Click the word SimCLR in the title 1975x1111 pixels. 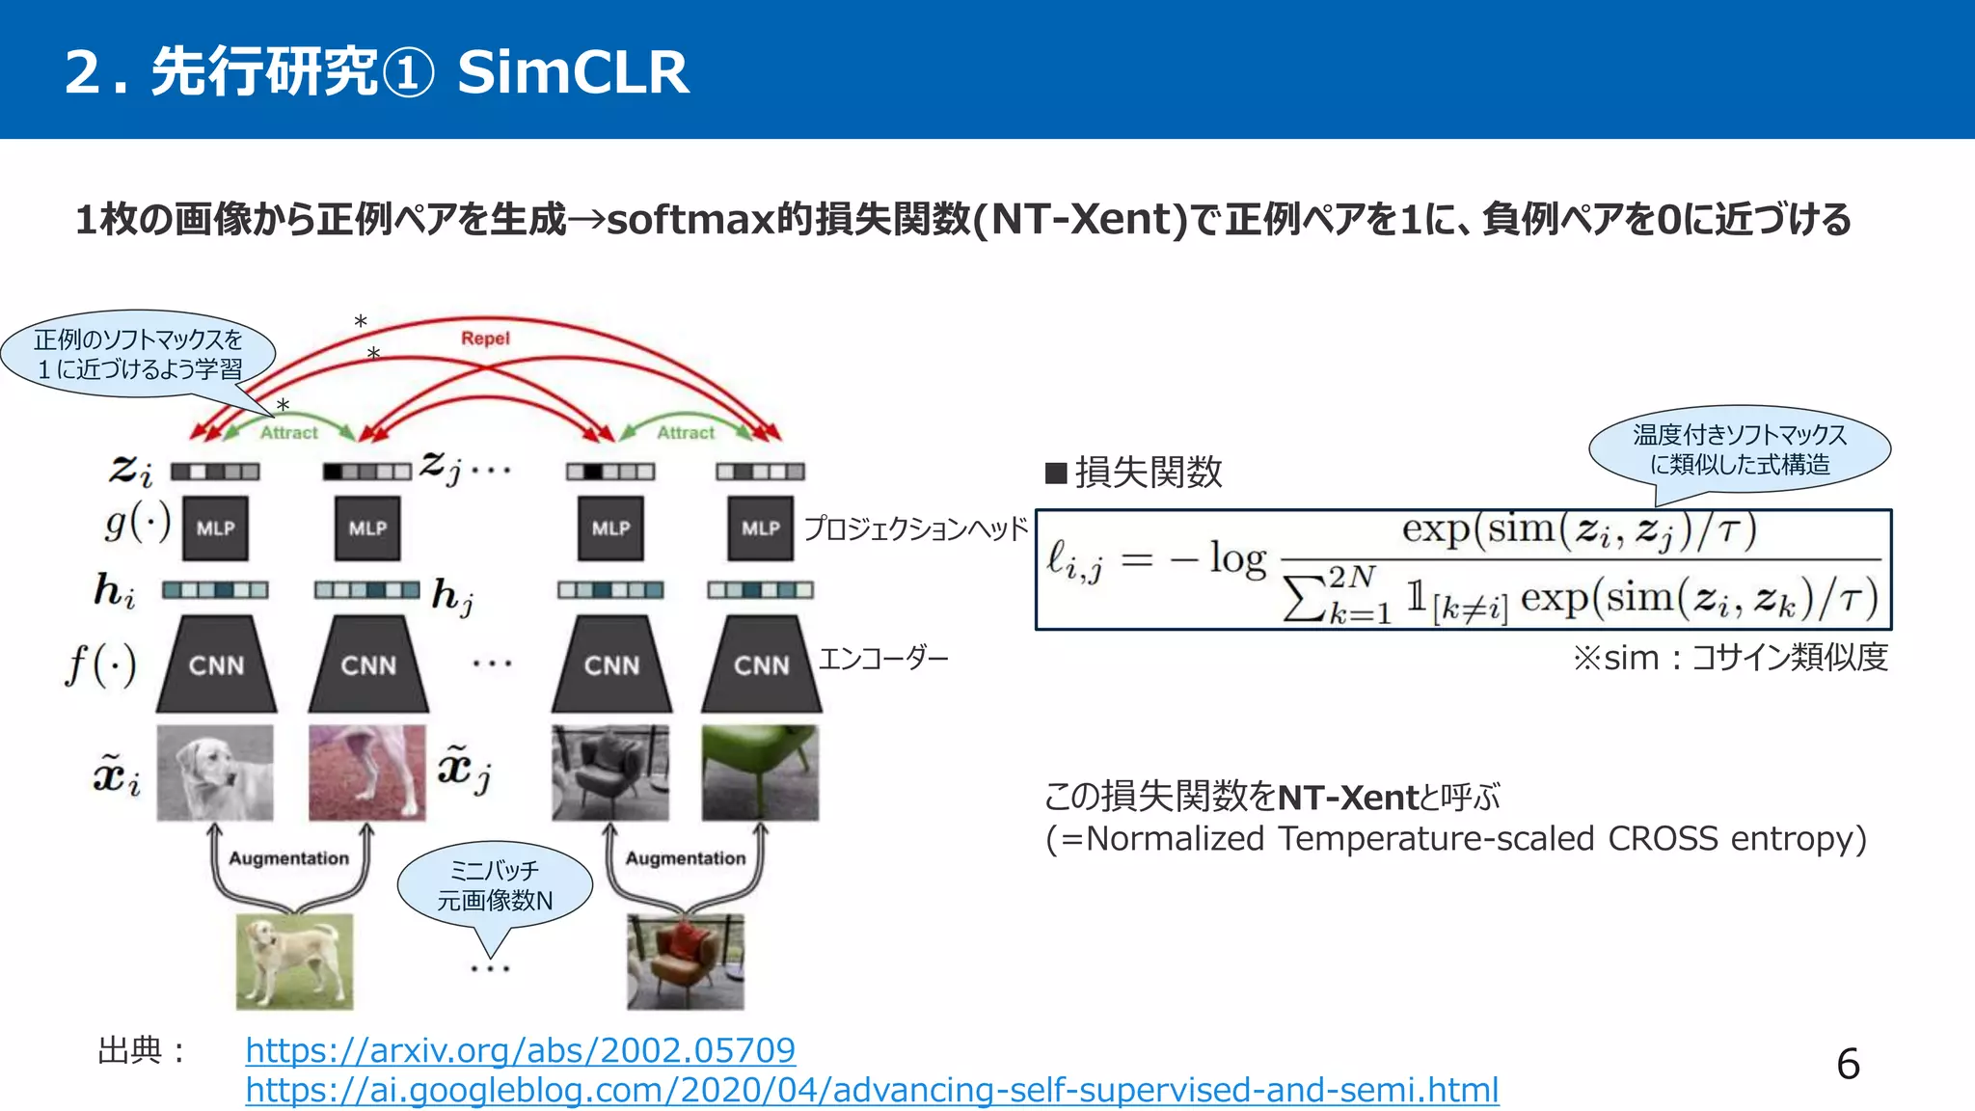(573, 72)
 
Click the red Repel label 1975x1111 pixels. (485, 339)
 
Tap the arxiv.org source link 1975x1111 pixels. (520, 1049)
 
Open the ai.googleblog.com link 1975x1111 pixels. (872, 1090)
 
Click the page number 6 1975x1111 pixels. (1848, 1065)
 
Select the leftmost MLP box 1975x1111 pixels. (215, 528)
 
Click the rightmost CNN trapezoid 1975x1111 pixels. (761, 665)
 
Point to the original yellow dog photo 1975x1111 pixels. (294, 962)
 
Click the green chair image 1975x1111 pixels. (760, 772)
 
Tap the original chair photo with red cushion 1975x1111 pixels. (685, 962)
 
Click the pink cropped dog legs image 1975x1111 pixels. (366, 772)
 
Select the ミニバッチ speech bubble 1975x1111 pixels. (495, 885)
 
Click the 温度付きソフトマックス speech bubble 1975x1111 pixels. (1739, 449)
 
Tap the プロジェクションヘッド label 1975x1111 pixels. (915, 528)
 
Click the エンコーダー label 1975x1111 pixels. (883, 659)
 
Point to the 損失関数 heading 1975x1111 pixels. (1147, 473)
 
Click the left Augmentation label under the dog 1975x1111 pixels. (288, 858)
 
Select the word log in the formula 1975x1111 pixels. (1237, 559)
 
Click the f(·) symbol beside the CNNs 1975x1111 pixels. (101, 664)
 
